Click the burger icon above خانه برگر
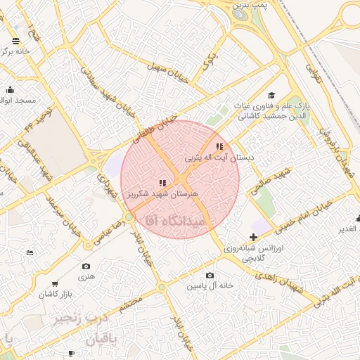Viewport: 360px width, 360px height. point(16,39)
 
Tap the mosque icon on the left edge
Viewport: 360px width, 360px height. point(10,89)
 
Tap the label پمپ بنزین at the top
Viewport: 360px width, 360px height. point(252,6)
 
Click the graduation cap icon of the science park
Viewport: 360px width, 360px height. point(271,96)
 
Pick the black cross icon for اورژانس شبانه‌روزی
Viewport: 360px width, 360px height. point(253,237)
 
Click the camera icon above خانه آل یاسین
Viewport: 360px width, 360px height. point(210,275)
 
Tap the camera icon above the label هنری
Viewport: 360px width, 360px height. point(86,266)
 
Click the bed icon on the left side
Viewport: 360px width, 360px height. point(29,252)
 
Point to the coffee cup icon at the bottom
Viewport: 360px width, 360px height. point(71,353)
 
